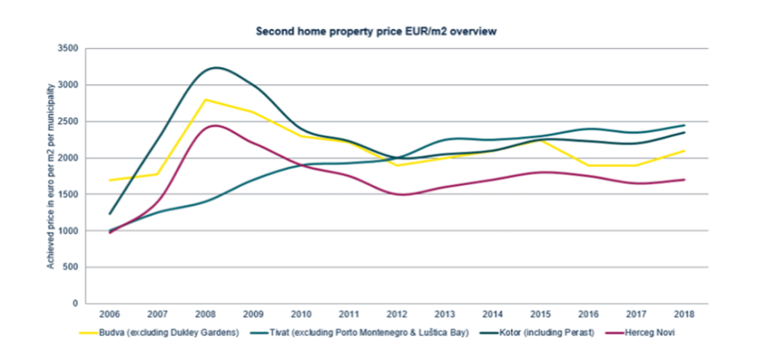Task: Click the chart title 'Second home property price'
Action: tap(376, 31)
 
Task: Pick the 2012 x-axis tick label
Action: tap(396, 315)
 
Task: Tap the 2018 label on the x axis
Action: tap(684, 315)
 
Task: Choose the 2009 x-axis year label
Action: tap(253, 315)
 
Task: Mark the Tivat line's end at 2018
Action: tap(684, 126)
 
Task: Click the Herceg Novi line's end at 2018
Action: tap(684, 179)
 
